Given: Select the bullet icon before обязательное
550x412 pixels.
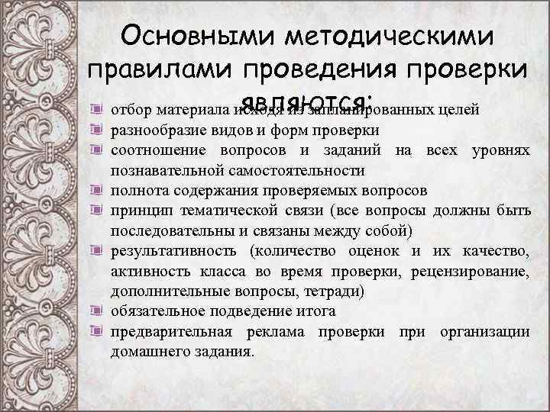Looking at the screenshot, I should [96, 311].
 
